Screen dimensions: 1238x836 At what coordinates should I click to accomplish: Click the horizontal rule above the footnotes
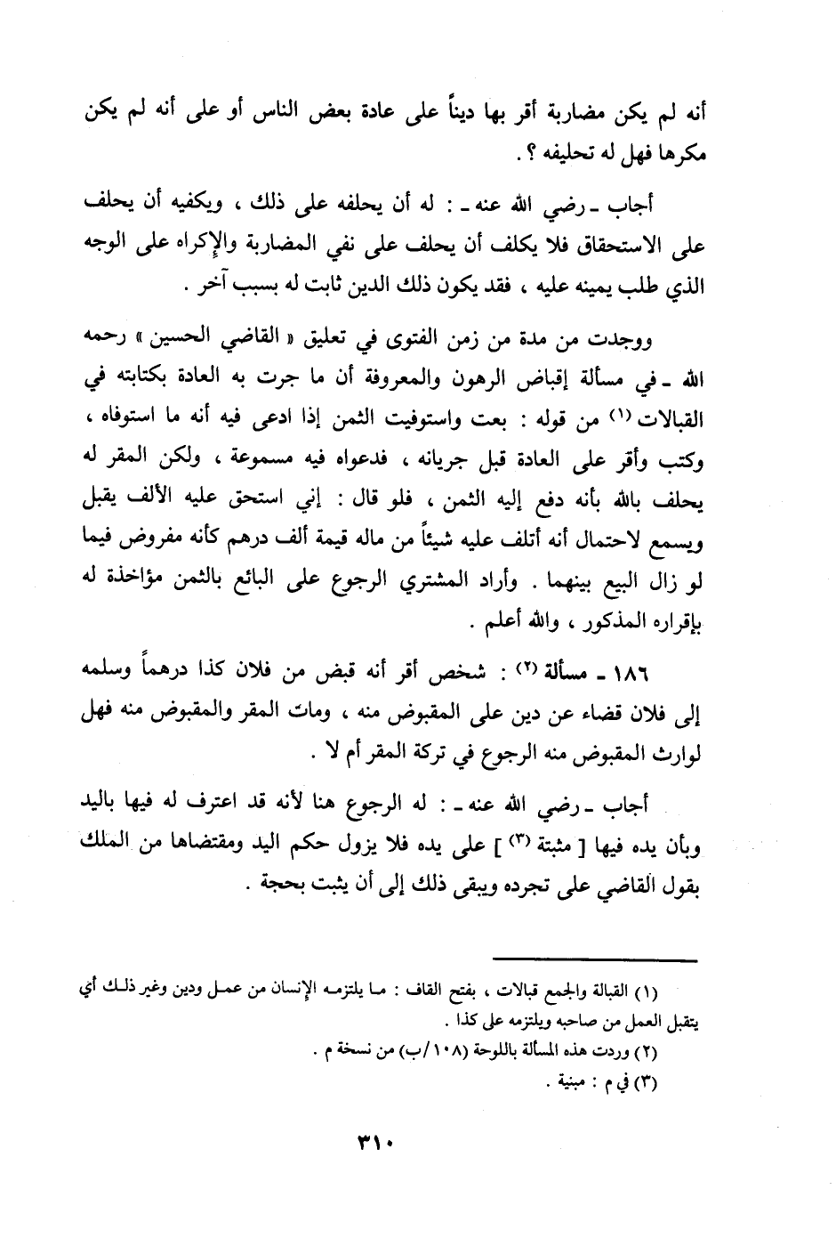click(597, 959)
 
